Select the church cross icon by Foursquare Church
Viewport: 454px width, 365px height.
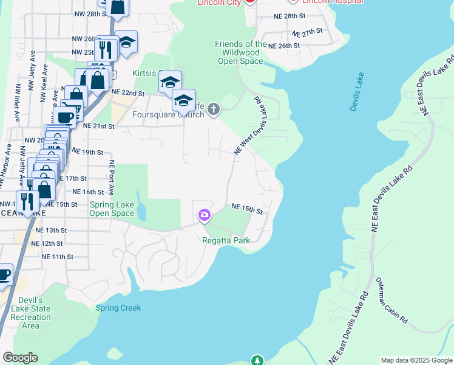(x=213, y=109)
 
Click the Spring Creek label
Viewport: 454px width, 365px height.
(x=118, y=308)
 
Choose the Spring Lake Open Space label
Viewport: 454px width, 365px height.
(x=112, y=209)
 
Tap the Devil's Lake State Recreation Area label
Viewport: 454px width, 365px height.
(x=30, y=313)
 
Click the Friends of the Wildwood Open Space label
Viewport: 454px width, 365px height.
(x=241, y=52)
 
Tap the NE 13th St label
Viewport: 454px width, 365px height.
(x=50, y=231)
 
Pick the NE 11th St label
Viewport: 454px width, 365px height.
(x=58, y=257)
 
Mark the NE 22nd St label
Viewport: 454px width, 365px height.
(x=128, y=94)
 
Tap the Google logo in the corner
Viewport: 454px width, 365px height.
(x=21, y=358)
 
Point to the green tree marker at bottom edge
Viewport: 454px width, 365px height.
(x=257, y=361)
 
